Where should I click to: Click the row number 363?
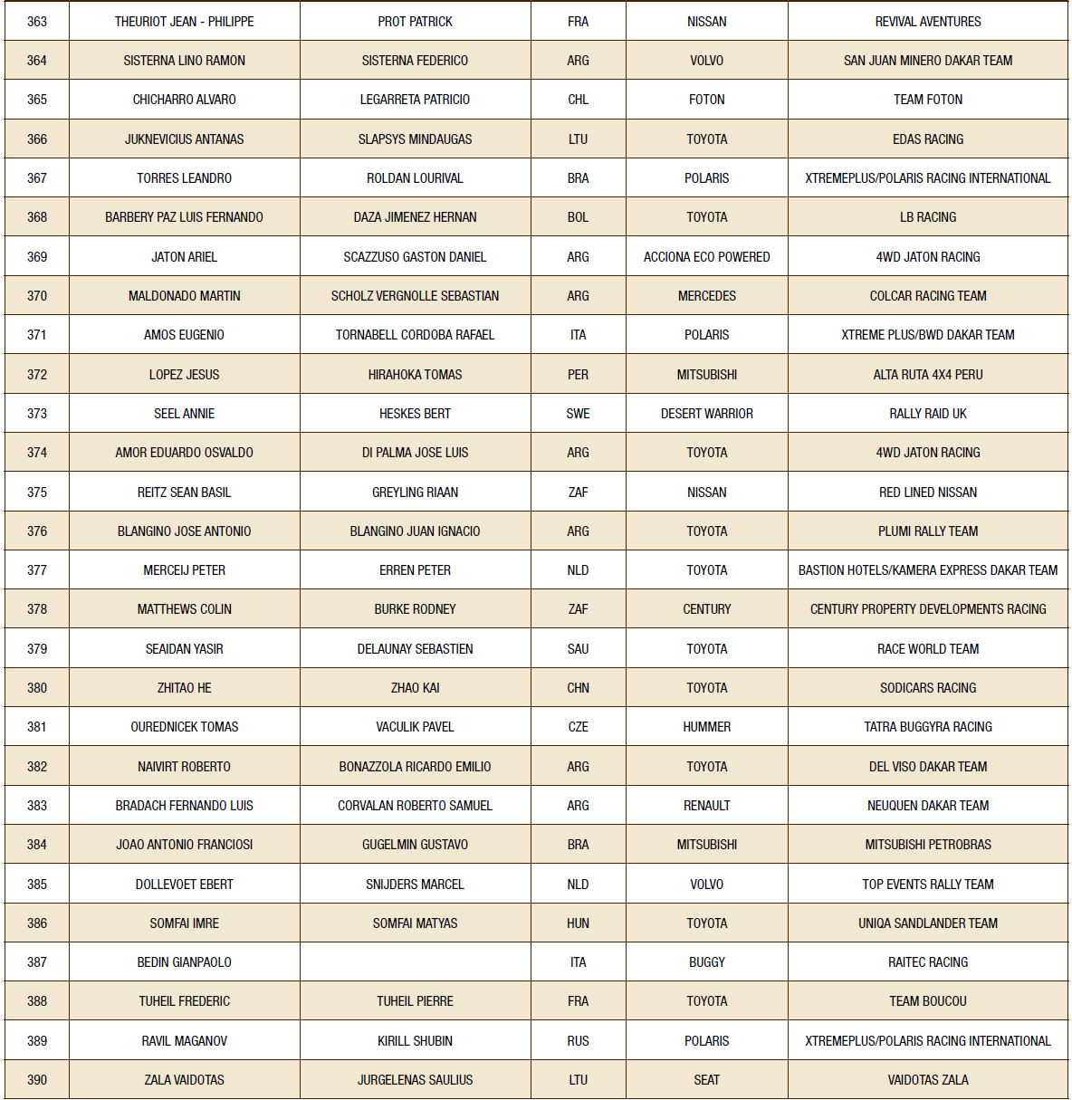click(37, 22)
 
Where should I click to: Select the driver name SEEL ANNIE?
click(185, 414)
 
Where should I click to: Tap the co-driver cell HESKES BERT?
click(415, 414)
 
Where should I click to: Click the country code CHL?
click(578, 100)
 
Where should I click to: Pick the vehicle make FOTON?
click(706, 100)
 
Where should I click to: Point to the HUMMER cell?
click(706, 727)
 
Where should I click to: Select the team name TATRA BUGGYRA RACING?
click(928, 727)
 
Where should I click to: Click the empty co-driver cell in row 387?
click(415, 962)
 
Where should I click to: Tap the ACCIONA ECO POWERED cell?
click(706, 257)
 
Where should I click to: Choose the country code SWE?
click(578, 414)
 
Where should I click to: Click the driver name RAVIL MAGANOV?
click(185, 1041)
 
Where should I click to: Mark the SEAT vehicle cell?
click(706, 1080)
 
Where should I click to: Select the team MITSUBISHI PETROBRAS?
click(928, 845)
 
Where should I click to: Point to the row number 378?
click(37, 609)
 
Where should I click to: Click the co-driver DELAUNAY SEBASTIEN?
click(415, 649)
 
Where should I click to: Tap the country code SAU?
click(578, 649)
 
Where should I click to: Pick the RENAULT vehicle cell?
click(706, 806)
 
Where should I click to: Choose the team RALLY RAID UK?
click(928, 414)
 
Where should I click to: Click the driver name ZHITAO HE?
click(185, 688)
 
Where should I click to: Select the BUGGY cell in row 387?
click(706, 962)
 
